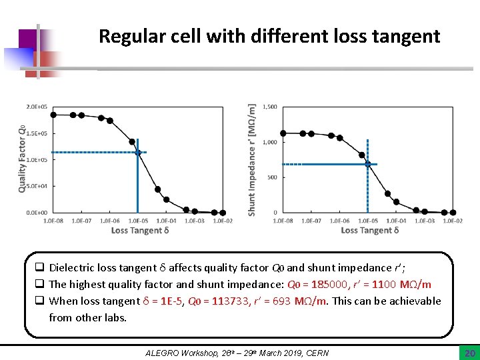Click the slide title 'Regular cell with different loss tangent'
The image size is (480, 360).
point(269,36)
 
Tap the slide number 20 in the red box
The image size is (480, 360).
point(468,351)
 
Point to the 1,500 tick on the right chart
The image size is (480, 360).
point(270,107)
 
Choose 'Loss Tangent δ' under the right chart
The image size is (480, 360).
point(369,231)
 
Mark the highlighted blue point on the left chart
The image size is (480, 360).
point(138,153)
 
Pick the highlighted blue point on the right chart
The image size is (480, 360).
point(367,163)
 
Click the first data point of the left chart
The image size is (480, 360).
point(54,114)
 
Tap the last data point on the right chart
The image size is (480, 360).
point(453,213)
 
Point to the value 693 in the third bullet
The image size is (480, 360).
point(281,301)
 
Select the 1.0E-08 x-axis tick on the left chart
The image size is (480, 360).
point(53,221)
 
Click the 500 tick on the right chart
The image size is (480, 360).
point(272,177)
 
